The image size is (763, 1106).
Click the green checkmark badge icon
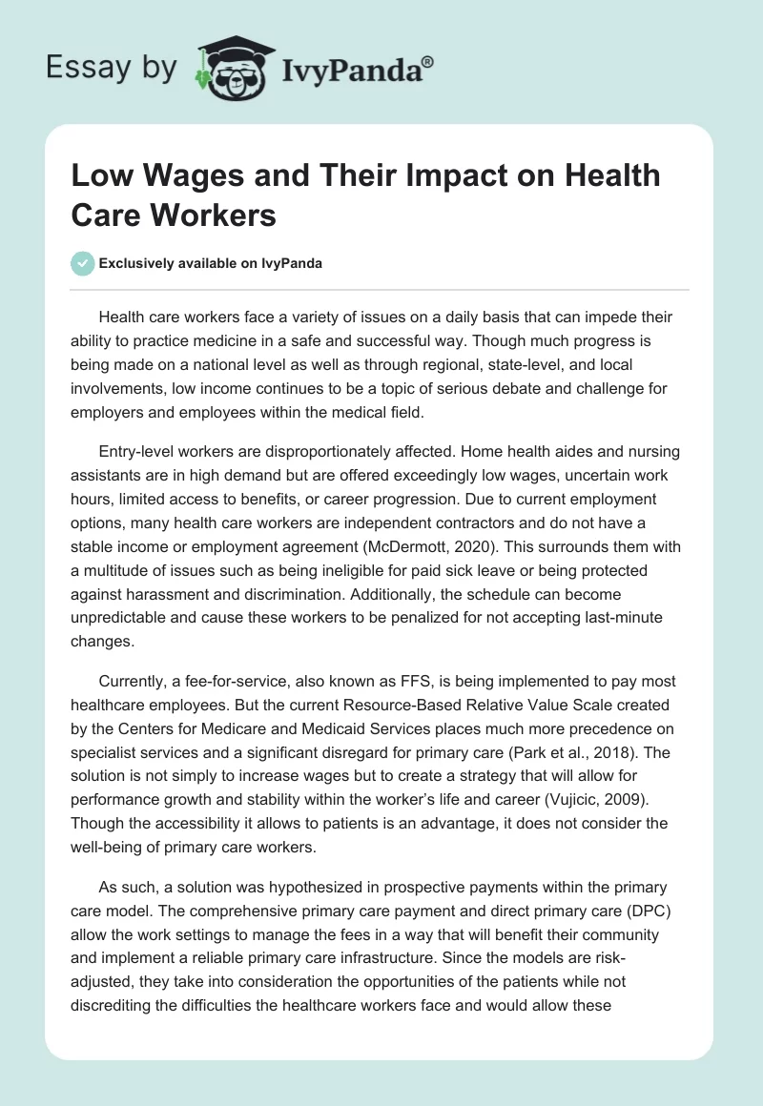(83, 263)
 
